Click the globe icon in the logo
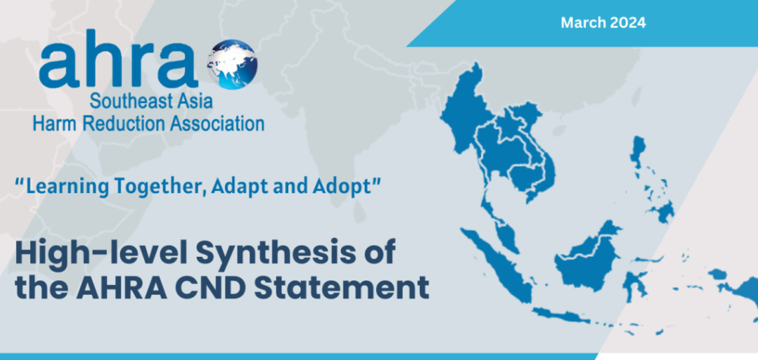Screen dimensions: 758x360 pyautogui.click(x=232, y=64)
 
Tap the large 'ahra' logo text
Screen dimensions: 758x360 pyautogui.click(x=119, y=59)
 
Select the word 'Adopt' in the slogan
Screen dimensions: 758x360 pyautogui.click(x=345, y=186)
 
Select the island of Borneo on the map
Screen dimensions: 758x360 pyautogui.click(x=587, y=261)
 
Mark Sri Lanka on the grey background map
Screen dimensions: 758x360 pyautogui.click(x=359, y=211)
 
